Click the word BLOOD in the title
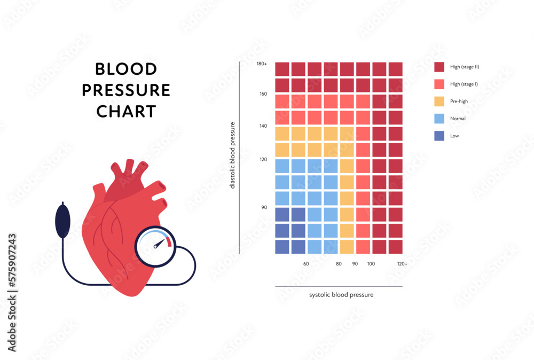(x=126, y=69)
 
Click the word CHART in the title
(x=126, y=111)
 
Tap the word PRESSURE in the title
(x=126, y=90)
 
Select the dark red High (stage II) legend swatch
(x=439, y=67)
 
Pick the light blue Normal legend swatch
(x=439, y=119)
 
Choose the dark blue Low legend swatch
(x=439, y=136)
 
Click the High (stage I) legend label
(x=465, y=84)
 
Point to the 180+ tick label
(x=262, y=64)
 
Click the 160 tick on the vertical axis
(x=263, y=94)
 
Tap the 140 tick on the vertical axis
(x=263, y=126)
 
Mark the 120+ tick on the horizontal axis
(x=402, y=264)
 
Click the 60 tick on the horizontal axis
(x=306, y=264)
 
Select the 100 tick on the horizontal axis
(x=371, y=264)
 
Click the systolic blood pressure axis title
(x=341, y=295)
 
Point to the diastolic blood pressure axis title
(x=232, y=155)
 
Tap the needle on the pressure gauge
(x=159, y=243)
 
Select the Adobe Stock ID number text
(x=12, y=263)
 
